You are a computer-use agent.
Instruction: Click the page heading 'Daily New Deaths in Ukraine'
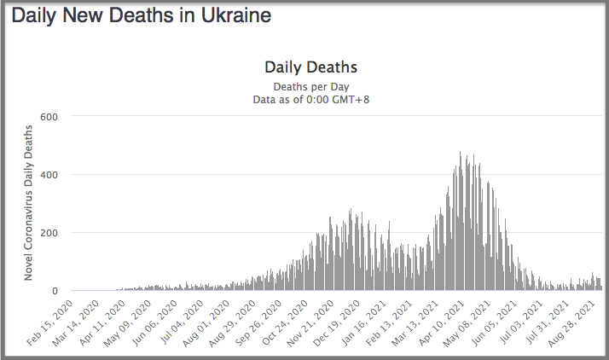coord(142,15)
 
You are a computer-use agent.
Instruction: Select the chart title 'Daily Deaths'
coord(310,67)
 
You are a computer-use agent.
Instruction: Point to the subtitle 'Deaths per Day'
coord(310,86)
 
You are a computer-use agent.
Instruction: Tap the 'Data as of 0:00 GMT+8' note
coord(310,99)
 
